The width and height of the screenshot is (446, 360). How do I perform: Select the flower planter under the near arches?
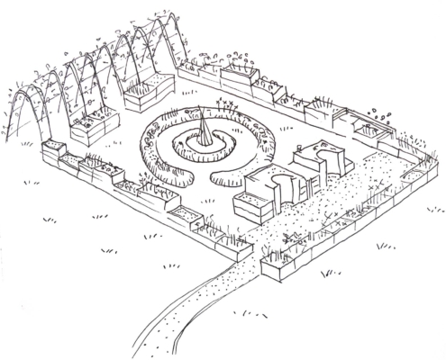(89, 130)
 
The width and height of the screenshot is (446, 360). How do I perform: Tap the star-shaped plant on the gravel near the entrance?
(290, 238)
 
